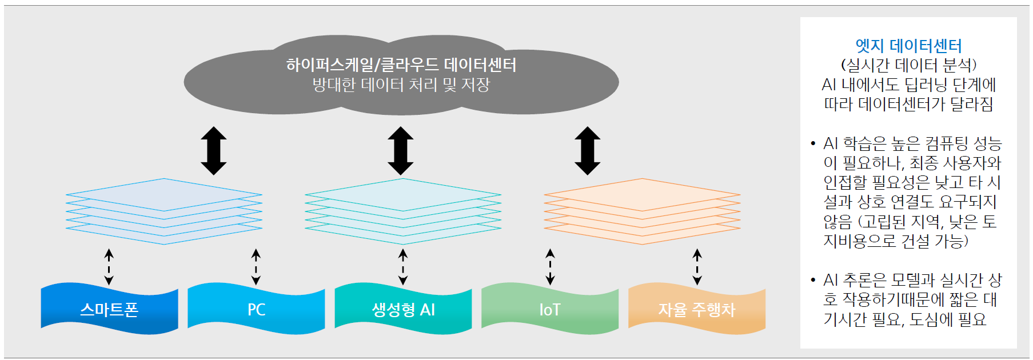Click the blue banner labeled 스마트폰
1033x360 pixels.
click(x=109, y=309)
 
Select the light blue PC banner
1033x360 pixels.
click(x=256, y=309)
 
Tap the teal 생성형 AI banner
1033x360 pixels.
click(x=403, y=309)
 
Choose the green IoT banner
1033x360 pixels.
click(x=550, y=309)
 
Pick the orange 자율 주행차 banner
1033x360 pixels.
click(x=696, y=309)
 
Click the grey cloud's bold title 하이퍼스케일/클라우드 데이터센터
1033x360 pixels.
click(x=401, y=65)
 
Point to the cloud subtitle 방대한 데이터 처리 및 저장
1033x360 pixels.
click(x=401, y=85)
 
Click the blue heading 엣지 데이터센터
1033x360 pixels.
click(x=908, y=46)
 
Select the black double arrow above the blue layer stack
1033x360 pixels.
click(x=214, y=150)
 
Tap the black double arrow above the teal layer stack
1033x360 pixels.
click(x=401, y=150)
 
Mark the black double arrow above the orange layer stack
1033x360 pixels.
click(x=587, y=150)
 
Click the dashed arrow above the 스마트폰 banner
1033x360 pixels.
click(x=109, y=267)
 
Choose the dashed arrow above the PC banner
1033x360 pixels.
click(x=256, y=267)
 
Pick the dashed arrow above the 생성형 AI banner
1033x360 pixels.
click(x=403, y=267)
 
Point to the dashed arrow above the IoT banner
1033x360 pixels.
click(x=550, y=267)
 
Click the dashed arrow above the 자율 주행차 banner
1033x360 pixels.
click(x=697, y=267)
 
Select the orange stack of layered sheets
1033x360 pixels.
click(x=642, y=211)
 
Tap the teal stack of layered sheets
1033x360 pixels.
click(x=403, y=211)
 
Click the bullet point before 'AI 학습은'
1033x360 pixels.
click(x=813, y=143)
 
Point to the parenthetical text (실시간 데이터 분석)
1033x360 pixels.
click(x=908, y=65)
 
